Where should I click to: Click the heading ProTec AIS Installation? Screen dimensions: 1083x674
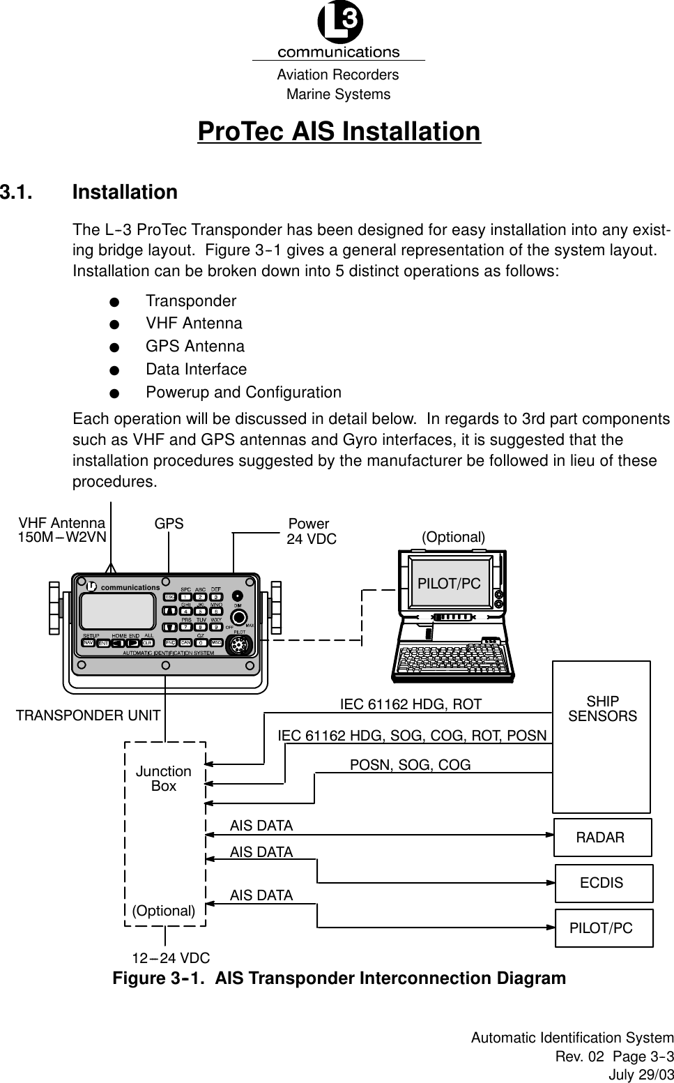(x=339, y=132)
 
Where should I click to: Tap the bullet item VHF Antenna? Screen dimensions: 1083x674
(x=194, y=324)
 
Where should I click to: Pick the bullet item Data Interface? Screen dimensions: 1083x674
(x=196, y=370)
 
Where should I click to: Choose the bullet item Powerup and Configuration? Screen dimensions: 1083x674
(x=243, y=393)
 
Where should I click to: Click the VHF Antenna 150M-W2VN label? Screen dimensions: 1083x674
(x=62, y=530)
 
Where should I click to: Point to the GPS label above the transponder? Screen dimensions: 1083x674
(x=169, y=524)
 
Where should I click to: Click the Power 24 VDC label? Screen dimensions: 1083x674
(x=312, y=531)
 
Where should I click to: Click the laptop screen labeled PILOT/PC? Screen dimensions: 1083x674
(x=449, y=584)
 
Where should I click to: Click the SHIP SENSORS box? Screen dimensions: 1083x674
(x=602, y=736)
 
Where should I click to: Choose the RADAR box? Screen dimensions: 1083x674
(x=602, y=838)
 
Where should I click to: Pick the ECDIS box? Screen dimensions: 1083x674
(x=603, y=883)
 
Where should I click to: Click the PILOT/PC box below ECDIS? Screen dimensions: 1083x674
(x=603, y=928)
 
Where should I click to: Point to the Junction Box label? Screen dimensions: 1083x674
(x=164, y=778)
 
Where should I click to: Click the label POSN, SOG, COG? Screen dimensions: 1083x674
(x=410, y=765)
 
